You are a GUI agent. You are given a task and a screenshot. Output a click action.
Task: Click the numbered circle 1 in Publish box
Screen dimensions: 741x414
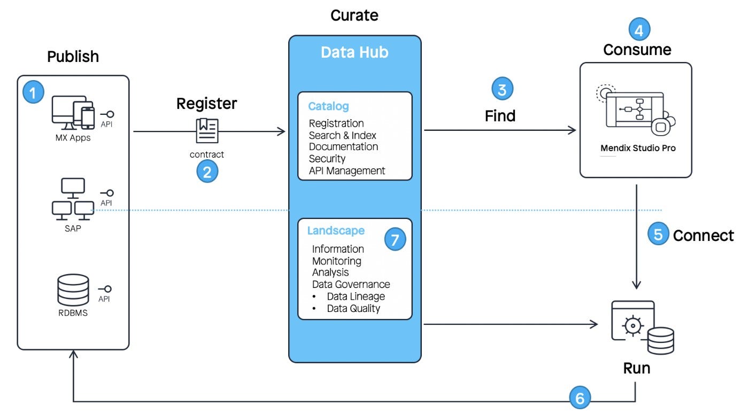(x=33, y=92)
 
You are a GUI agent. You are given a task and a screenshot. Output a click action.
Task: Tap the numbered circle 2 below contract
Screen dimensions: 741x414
(x=207, y=171)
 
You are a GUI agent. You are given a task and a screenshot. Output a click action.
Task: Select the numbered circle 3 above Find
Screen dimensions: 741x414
(x=502, y=89)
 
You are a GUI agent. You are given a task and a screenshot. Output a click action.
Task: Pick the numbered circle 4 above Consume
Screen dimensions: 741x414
(x=639, y=29)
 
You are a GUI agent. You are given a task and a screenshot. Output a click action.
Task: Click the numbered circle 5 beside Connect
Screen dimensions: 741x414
(x=658, y=233)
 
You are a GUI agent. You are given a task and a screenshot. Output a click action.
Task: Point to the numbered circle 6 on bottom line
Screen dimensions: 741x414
(x=580, y=397)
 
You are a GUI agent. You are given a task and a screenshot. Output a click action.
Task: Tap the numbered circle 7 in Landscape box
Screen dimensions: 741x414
(x=395, y=239)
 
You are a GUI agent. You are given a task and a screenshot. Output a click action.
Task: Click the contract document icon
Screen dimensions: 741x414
(x=207, y=130)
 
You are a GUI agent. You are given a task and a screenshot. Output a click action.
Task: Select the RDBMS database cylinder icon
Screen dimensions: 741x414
(x=73, y=290)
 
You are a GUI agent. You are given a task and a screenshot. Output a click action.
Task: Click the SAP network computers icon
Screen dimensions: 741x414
(x=73, y=199)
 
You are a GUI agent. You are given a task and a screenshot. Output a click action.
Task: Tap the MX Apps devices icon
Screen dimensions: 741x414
(x=73, y=113)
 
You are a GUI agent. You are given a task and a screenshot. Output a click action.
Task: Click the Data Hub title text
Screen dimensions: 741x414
(x=354, y=52)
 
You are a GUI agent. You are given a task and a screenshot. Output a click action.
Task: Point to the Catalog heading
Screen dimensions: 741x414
(x=328, y=106)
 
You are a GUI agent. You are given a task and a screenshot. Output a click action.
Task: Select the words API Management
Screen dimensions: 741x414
(x=346, y=170)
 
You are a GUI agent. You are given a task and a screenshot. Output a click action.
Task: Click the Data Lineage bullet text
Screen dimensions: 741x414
(x=356, y=296)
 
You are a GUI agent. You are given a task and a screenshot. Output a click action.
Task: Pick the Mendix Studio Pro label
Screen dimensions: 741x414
(x=638, y=148)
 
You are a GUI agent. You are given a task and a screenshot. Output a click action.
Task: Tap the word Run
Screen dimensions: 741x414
(x=636, y=368)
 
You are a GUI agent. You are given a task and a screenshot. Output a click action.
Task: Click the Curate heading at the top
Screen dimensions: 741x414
(x=354, y=15)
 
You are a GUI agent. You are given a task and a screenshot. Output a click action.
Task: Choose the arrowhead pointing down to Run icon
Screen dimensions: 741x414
(x=636, y=285)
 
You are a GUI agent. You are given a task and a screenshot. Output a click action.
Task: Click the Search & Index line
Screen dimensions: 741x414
(x=342, y=135)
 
